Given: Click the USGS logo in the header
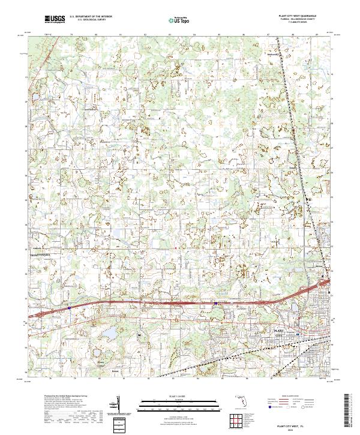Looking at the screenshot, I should point(53,20).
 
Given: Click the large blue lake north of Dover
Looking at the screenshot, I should point(110,332).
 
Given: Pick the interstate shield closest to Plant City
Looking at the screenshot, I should point(216,304).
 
